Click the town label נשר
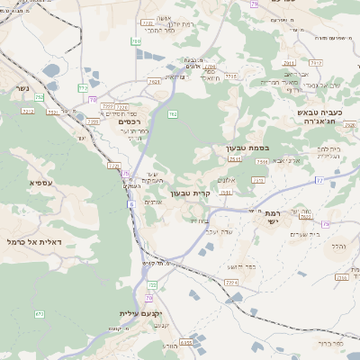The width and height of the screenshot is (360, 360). pos(20,91)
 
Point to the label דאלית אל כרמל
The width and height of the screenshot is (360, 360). pos(34,242)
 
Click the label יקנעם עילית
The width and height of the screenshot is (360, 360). pos(138,314)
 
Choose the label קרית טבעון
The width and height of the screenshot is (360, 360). pos(190,193)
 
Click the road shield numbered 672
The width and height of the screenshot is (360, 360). pos(40,313)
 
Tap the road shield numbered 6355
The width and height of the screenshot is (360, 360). pos(186,342)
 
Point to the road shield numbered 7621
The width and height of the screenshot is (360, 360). pos(155,82)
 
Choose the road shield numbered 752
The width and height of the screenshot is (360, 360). pos(172,113)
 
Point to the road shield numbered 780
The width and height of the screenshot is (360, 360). pos(136,41)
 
